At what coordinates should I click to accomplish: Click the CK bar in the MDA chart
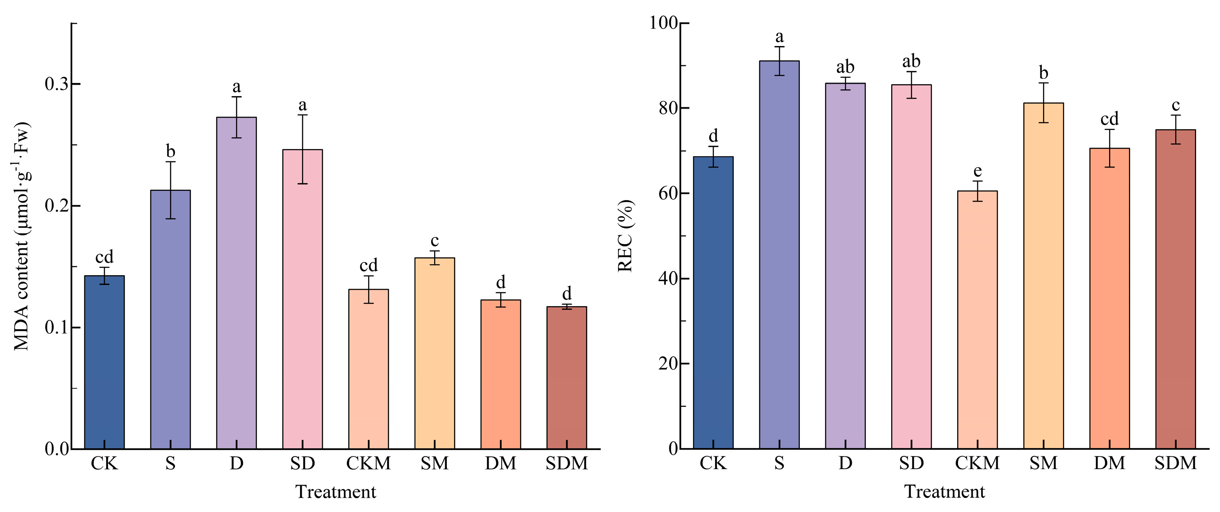(104, 362)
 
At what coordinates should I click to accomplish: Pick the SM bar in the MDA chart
(434, 353)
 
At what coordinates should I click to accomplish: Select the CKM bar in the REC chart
(977, 320)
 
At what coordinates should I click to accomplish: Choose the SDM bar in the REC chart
(1175, 289)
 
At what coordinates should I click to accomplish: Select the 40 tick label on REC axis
(667, 279)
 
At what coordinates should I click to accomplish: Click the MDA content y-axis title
(21, 236)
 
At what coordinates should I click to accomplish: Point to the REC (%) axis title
(625, 236)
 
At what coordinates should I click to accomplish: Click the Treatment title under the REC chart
(945, 492)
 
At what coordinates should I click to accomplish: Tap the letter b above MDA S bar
(171, 151)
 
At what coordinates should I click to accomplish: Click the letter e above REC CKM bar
(977, 171)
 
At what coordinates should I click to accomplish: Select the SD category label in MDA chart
(302, 463)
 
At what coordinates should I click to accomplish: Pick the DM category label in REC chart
(1109, 463)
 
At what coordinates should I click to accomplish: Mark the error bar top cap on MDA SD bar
(302, 114)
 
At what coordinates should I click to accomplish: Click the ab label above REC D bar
(845, 67)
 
